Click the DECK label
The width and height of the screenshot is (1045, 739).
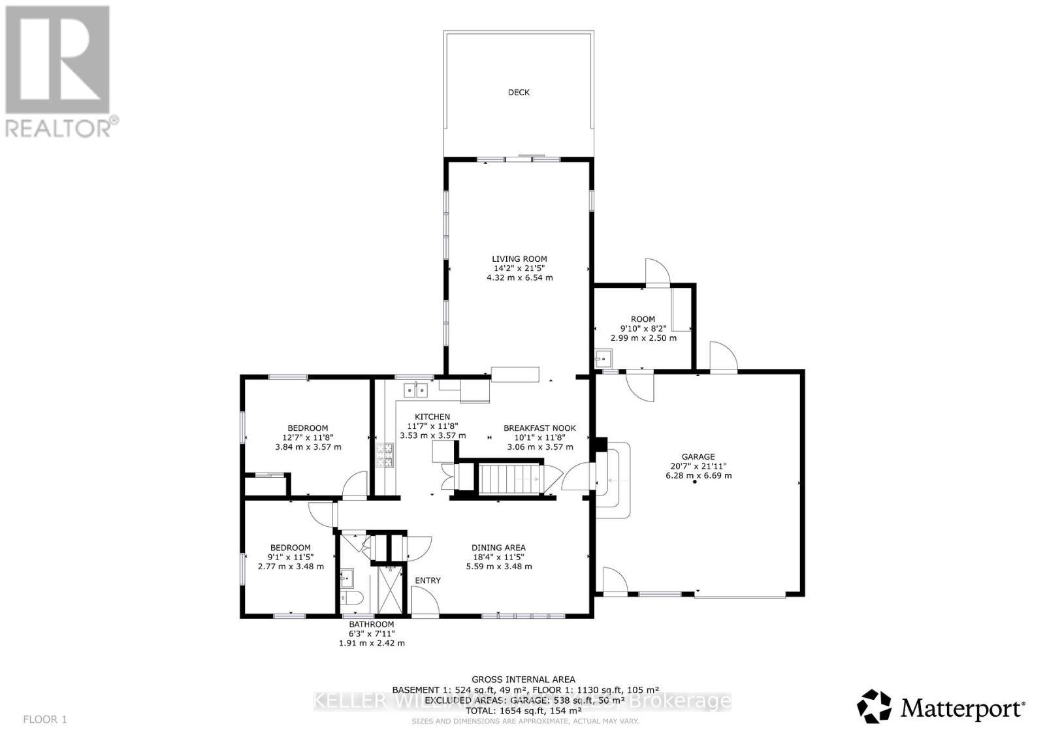coord(519,93)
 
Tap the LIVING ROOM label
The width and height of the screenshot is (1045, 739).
coord(519,259)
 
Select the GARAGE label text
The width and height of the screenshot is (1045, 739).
coord(698,457)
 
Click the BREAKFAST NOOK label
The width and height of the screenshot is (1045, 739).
coord(539,428)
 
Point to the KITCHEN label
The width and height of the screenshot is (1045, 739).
coord(432,417)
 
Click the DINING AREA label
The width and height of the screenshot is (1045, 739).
coord(498,548)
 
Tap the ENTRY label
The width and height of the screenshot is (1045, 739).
coord(428,580)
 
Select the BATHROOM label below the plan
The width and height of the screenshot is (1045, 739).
coord(371,624)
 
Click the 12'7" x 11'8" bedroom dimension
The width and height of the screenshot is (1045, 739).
coord(308,437)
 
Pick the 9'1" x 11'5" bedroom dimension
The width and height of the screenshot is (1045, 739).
coord(291,557)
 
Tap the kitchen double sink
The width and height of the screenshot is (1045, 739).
coord(415,390)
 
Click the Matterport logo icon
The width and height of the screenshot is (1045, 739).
coord(875,707)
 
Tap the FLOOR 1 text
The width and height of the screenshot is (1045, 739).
coord(45,719)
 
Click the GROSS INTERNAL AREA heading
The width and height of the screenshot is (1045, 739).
coord(523,680)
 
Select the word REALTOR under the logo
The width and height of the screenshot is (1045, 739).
coord(58,127)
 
